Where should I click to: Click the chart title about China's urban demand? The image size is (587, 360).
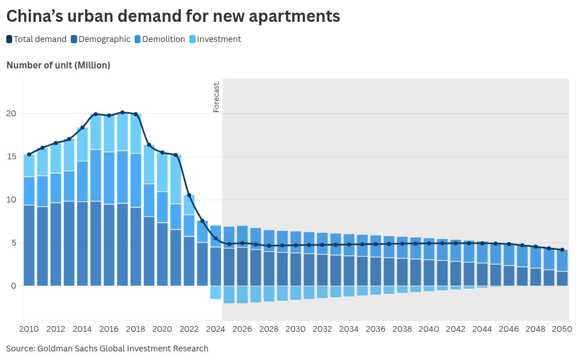173,17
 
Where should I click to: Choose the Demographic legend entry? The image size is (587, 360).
101,39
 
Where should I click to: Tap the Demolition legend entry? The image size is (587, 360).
159,39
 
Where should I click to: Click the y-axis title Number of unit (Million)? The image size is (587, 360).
58,65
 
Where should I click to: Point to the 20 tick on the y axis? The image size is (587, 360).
12,113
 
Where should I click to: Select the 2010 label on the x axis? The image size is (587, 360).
29,329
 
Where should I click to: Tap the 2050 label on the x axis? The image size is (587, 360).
562,329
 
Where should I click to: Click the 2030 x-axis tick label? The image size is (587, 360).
295,329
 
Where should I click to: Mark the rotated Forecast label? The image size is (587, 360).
216,97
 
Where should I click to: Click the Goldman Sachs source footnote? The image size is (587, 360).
107,348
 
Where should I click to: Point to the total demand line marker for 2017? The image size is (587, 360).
122,113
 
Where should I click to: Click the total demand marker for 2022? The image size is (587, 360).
189,195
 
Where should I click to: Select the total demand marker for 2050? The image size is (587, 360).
562,250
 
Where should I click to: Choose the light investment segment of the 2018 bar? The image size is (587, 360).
135,133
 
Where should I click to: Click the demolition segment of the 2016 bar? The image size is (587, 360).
109,178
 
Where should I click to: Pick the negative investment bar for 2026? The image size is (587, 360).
242,294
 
